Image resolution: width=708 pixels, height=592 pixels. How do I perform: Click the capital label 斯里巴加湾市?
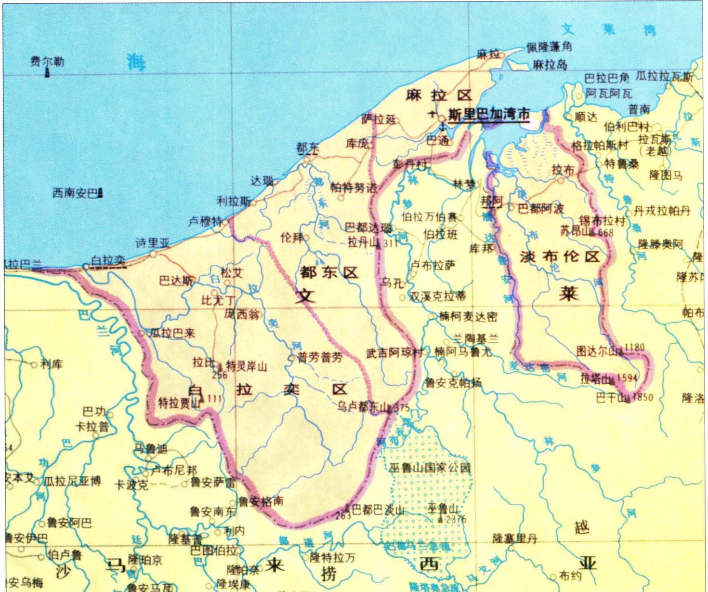[x=489, y=115]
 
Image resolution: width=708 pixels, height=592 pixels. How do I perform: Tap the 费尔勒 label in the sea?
[x=47, y=61]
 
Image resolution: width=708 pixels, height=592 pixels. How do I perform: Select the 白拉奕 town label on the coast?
[x=108, y=260]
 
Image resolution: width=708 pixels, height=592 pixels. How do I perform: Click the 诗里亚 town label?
[x=153, y=242]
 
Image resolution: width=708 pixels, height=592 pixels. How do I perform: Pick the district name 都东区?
[x=329, y=272]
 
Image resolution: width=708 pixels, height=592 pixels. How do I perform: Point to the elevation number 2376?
[x=456, y=519]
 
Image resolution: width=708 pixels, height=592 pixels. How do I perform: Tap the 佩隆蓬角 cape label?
[x=549, y=47]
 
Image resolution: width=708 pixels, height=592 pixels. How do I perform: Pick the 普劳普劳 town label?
[x=319, y=358]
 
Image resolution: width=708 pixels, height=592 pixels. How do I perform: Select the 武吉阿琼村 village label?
[x=393, y=353]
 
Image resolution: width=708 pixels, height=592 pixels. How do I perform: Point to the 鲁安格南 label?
[x=261, y=501]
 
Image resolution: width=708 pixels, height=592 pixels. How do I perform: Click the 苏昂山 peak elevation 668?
[x=605, y=232]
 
